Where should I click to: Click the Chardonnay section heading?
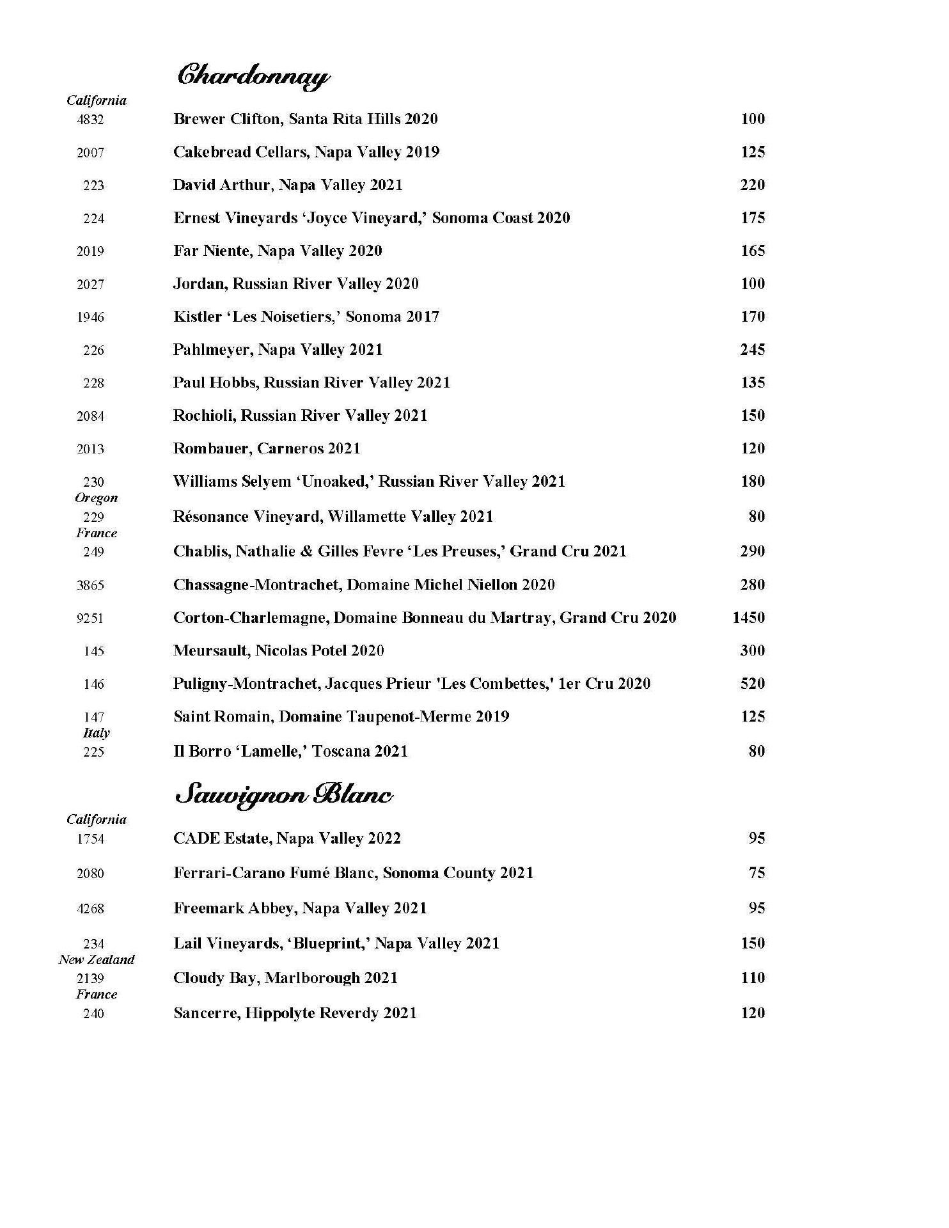point(253,77)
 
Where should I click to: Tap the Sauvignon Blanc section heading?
point(284,796)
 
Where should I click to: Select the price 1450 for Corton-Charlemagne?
point(748,618)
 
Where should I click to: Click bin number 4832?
point(90,120)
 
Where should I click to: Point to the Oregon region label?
point(97,498)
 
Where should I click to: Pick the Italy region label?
point(96,734)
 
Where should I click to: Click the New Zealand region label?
point(97,960)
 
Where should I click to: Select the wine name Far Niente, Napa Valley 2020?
point(278,251)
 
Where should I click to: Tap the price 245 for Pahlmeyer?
point(753,350)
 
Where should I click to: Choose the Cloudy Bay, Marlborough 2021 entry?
point(285,979)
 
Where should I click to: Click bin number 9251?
point(90,618)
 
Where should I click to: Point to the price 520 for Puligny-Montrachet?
point(753,684)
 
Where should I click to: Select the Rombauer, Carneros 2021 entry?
point(267,448)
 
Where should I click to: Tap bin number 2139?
point(90,979)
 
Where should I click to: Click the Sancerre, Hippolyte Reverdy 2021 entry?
point(295,1014)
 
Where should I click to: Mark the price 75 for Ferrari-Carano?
point(757,873)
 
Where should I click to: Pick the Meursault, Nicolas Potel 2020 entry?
point(279,651)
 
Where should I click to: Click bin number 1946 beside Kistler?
point(90,317)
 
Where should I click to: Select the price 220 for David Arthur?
point(753,185)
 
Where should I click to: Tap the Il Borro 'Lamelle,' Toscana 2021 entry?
point(290,752)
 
